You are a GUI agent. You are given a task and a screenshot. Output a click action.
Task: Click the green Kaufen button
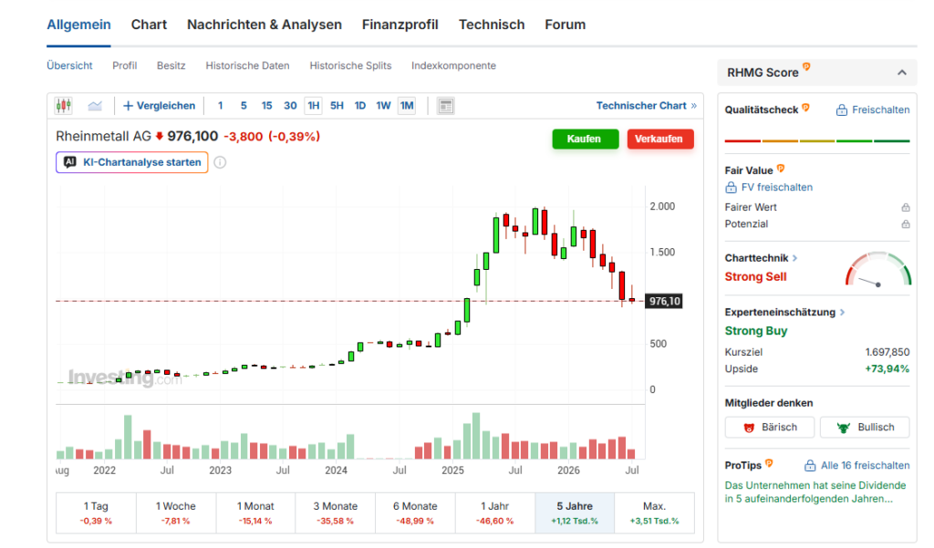click(585, 139)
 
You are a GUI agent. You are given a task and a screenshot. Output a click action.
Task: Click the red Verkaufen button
click(660, 139)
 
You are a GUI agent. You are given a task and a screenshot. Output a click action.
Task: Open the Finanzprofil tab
click(400, 25)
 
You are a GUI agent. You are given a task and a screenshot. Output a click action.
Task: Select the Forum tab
click(566, 25)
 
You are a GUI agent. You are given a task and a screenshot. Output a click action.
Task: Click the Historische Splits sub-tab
click(350, 66)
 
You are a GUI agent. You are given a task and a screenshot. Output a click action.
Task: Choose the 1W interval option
click(383, 106)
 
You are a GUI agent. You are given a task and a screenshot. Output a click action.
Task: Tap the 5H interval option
click(337, 106)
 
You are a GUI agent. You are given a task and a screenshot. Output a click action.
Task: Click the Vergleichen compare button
click(159, 106)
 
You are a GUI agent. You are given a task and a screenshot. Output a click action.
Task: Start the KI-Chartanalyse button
click(131, 162)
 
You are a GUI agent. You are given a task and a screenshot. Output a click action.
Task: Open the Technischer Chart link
click(647, 106)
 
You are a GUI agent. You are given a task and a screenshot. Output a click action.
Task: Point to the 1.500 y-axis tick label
click(662, 252)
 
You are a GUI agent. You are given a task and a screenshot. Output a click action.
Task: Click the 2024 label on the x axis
click(336, 470)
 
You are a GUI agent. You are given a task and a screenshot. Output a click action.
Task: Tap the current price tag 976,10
click(664, 301)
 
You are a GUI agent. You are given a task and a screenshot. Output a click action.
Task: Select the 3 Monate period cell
click(336, 512)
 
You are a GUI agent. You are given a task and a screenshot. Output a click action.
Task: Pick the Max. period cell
click(654, 512)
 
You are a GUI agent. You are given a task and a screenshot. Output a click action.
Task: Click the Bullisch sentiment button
click(865, 427)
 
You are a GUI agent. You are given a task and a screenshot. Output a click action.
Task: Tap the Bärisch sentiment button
click(770, 427)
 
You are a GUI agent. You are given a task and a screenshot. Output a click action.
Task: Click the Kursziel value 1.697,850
click(887, 352)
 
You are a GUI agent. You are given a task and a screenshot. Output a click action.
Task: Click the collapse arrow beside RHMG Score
click(902, 73)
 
